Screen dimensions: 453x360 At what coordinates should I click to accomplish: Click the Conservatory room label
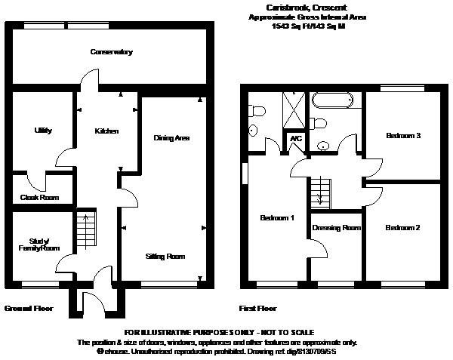point(112,52)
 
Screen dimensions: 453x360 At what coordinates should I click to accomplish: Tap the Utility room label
point(43,131)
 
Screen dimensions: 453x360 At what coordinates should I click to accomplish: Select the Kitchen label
point(106,131)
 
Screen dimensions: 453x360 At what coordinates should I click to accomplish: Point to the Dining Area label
point(171,138)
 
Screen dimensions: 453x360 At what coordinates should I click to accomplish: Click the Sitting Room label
point(165,257)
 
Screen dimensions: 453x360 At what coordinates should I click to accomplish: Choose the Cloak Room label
point(39,198)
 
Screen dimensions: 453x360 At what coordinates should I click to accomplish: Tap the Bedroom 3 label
point(403,135)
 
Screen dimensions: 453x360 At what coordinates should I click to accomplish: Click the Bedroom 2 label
point(402,228)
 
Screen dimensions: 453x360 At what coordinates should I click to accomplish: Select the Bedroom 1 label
point(277,217)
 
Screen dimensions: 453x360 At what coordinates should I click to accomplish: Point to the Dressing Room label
point(337,228)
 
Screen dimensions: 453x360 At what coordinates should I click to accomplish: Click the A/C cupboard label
point(296,139)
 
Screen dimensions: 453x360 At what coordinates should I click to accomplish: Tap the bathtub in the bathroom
point(332,100)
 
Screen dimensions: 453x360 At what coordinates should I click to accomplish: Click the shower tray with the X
point(294,109)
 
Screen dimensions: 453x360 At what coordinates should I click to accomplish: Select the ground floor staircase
point(86,230)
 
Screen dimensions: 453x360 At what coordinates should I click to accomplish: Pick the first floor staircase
point(320,193)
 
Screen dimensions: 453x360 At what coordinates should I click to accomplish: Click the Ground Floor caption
point(29,309)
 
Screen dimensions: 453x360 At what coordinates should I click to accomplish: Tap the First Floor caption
point(257,309)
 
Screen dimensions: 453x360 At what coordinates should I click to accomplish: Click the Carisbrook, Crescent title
point(307,8)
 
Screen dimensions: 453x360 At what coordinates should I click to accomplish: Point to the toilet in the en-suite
point(257,111)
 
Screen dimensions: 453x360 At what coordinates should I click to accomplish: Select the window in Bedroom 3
point(402,88)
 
